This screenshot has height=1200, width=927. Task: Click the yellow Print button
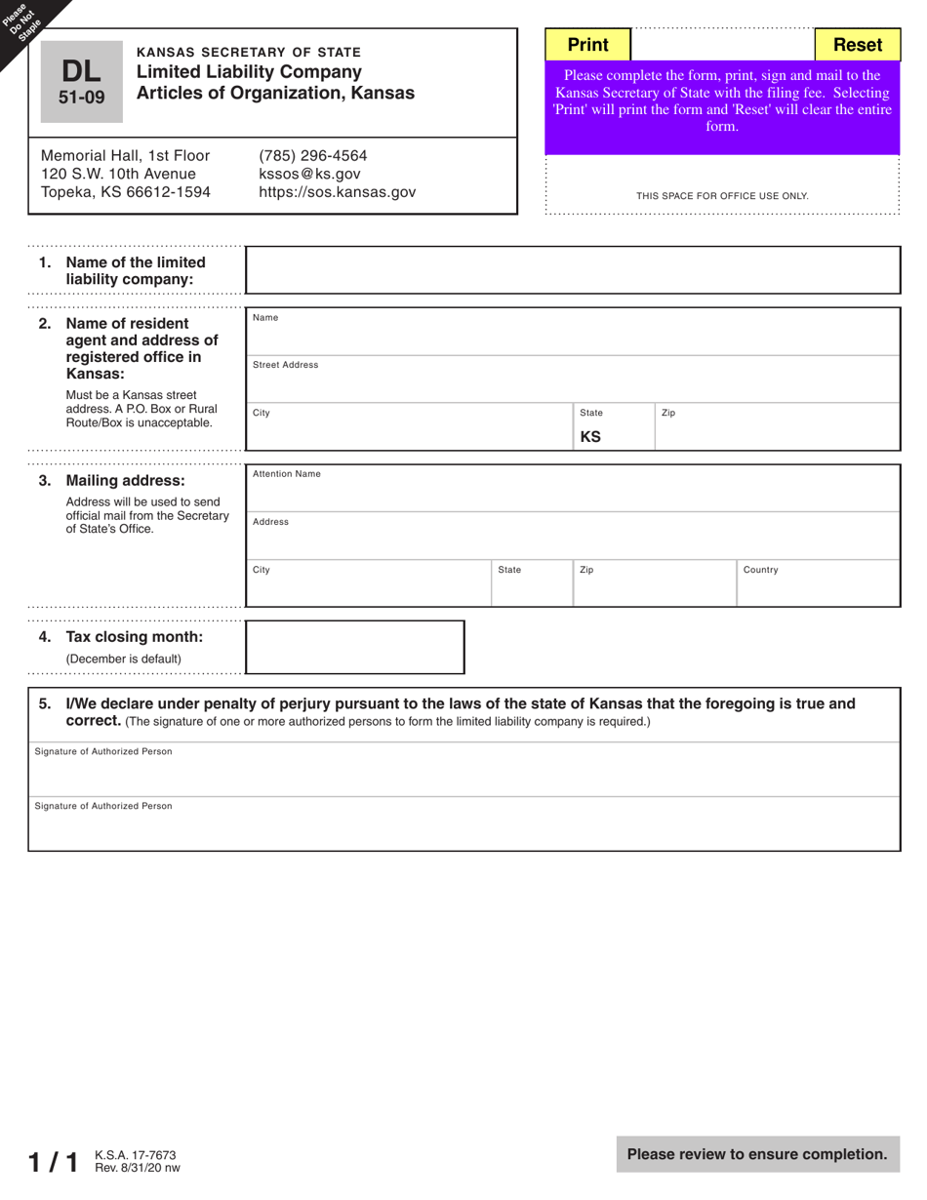coord(587,45)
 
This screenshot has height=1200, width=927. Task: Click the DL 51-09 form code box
coord(82,82)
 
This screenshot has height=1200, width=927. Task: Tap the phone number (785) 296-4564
coord(313,156)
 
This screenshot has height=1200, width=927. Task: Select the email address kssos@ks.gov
coord(309,174)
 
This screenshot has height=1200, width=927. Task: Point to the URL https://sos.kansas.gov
coord(337,192)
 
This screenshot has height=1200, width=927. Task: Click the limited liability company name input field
coord(573,270)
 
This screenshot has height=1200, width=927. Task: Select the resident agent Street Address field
coord(573,380)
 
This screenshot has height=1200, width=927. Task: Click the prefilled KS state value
coord(591,436)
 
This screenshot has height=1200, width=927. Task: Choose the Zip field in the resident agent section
coord(776,429)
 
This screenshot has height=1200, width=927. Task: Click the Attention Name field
coord(573,490)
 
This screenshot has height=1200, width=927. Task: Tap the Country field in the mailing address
coord(818,585)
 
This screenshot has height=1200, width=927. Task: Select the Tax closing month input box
coord(354,647)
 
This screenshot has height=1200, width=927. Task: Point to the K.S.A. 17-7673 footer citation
coord(136,1155)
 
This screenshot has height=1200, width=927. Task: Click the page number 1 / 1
coord(53,1162)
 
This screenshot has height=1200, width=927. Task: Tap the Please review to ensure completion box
coord(757,1154)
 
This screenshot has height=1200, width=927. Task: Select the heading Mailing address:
coord(125,481)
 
